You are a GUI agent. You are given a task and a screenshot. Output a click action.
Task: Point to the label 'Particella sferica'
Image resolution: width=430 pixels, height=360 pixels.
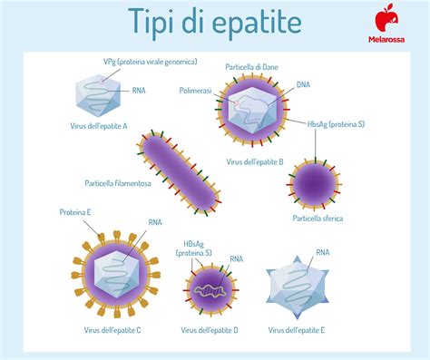pyautogui.click(x=318, y=219)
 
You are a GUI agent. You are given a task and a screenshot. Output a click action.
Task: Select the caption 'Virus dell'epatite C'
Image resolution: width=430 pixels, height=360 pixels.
pyautogui.click(x=111, y=330)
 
